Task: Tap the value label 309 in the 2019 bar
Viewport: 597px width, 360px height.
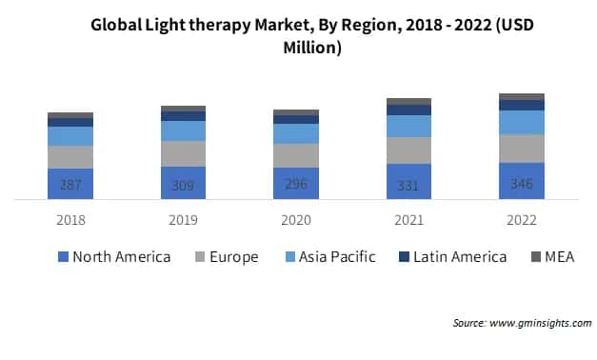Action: [x=183, y=186]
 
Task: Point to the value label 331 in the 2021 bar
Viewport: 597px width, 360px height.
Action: [x=408, y=186]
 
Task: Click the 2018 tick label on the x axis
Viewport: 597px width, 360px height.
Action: [x=70, y=220]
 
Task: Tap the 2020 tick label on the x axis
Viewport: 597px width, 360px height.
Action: [x=296, y=220]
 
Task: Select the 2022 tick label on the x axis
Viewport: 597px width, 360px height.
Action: [x=521, y=220]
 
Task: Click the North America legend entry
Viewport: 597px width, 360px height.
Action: [x=114, y=256]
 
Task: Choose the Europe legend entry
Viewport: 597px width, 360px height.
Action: [x=226, y=256]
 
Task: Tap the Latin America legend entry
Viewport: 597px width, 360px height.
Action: [x=452, y=256]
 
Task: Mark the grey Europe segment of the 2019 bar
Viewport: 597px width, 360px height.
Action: [x=183, y=153]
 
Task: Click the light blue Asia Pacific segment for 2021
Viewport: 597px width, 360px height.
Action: [x=408, y=126]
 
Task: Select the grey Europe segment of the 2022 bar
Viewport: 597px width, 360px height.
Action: [x=521, y=148]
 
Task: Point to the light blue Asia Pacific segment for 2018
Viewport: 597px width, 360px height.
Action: [x=70, y=135]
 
